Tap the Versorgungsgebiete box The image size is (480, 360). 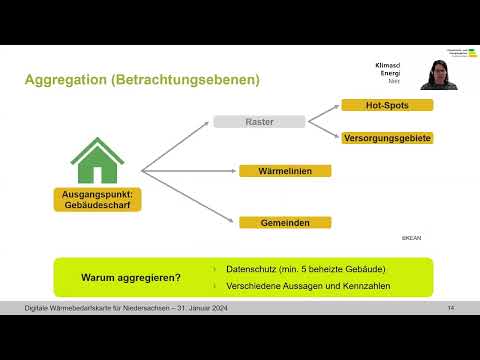point(386,138)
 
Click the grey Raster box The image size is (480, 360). point(259,122)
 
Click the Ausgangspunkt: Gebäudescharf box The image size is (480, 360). point(97,198)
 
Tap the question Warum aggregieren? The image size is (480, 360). point(131,277)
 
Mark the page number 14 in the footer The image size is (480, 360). point(452,306)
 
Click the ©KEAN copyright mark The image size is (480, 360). point(411,239)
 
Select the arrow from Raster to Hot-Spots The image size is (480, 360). point(320,113)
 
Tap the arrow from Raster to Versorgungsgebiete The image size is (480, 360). point(320,130)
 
